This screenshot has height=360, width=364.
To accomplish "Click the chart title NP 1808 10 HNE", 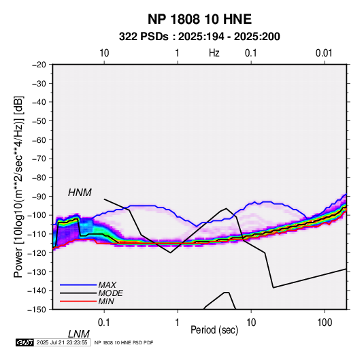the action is [199, 19].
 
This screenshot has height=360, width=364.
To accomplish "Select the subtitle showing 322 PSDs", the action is [199, 37].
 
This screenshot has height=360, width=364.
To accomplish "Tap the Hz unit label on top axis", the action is [214, 53].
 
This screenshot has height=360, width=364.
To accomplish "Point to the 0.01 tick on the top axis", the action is [324, 53].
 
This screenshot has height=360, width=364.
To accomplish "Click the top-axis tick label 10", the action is [104, 53].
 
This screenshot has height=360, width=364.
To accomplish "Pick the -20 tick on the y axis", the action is [39, 65].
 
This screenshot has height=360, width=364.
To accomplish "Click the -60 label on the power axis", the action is [39, 140].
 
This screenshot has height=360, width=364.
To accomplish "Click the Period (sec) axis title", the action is [214, 330].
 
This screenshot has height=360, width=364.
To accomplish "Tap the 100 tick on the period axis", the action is [325, 323].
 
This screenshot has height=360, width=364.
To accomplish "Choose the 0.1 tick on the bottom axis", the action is [103, 323].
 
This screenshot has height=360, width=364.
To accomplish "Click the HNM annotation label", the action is [80, 193].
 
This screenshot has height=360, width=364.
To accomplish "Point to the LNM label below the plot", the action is [79, 334].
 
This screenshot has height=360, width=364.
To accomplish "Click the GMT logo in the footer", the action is [24, 342].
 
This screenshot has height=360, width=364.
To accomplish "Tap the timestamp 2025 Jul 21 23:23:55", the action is [62, 342].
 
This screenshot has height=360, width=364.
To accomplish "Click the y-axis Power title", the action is [18, 187].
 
